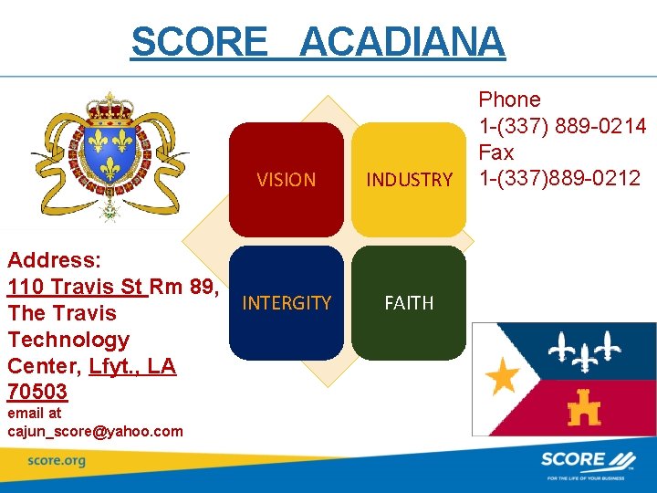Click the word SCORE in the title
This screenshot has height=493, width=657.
tap(199, 42)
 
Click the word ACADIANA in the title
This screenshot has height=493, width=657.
tap(401, 42)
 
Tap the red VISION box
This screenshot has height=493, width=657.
tap(286, 180)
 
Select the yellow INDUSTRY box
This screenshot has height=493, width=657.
tap(409, 180)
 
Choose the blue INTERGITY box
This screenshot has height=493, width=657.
tap(286, 303)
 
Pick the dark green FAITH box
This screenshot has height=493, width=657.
tap(409, 303)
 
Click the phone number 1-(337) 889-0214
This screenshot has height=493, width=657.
tap(562, 126)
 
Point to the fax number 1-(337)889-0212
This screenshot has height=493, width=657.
tap(559, 178)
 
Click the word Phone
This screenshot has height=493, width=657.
tap(509, 100)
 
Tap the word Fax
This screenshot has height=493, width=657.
tap(496, 152)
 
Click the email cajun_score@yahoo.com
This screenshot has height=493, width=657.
tap(95, 431)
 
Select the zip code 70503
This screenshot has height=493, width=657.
tap(37, 392)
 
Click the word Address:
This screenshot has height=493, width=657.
tap(54, 260)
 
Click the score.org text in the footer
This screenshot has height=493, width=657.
tap(56, 461)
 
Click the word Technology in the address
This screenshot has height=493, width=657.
tap(68, 340)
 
